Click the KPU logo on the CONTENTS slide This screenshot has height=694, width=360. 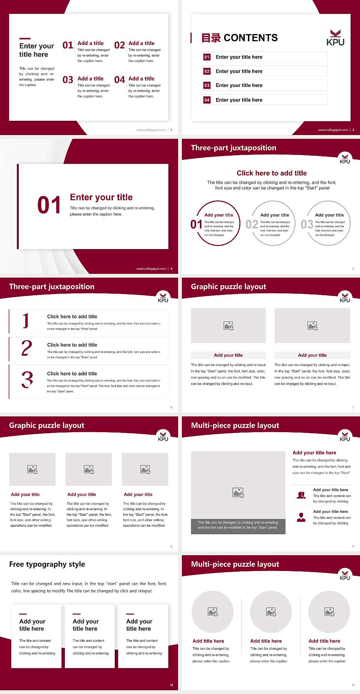pyautogui.click(x=335, y=38)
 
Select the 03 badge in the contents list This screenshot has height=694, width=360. pyautogui.click(x=207, y=86)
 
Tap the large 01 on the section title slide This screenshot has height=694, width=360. pyautogui.click(x=49, y=205)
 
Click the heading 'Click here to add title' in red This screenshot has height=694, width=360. pyautogui.click(x=271, y=173)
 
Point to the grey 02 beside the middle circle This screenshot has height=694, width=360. pyautogui.click(x=252, y=224)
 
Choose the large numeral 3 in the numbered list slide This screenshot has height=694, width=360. pyautogui.click(x=27, y=380)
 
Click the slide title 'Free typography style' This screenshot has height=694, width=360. pyautogui.click(x=47, y=564)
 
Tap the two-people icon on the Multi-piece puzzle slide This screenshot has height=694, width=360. pyautogui.click(x=301, y=495)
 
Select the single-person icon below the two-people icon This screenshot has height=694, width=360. pyautogui.click(x=301, y=517)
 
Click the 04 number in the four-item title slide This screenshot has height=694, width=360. pyautogui.click(x=120, y=80)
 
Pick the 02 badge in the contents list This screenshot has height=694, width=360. pyautogui.click(x=207, y=71)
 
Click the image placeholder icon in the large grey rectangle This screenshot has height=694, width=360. pyautogui.click(x=238, y=493)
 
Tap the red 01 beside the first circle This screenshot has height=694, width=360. pyautogui.click(x=196, y=224)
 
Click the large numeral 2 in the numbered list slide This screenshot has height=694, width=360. pyautogui.click(x=27, y=348)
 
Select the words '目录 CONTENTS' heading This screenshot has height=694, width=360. pyautogui.click(x=240, y=38)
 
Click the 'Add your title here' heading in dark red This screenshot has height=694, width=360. pyautogui.click(x=314, y=453)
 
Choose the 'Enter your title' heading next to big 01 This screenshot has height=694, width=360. pyautogui.click(x=101, y=197)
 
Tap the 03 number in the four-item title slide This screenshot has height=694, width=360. pyautogui.click(x=68, y=80)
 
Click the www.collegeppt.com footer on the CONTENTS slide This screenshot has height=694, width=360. pyautogui.click(x=333, y=130)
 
